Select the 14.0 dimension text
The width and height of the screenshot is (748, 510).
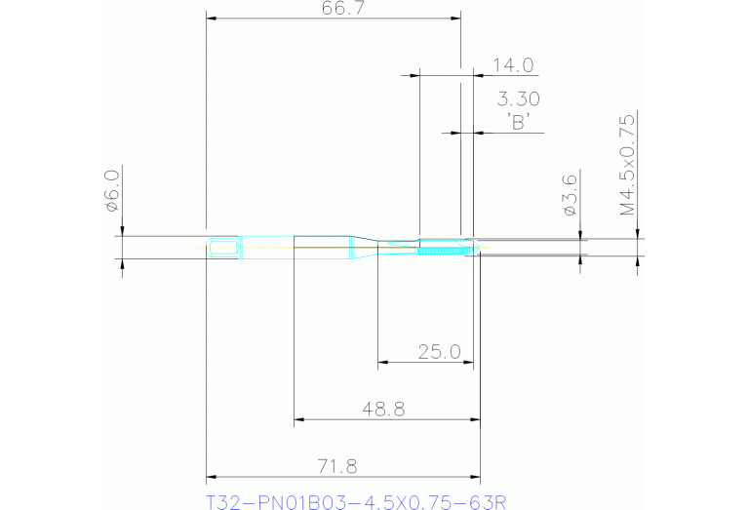pyautogui.click(x=512, y=65)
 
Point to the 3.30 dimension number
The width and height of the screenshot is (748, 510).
pyautogui.click(x=518, y=98)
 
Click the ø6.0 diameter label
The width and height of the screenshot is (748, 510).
pyautogui.click(x=111, y=190)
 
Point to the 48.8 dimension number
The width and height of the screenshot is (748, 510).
pyautogui.click(x=382, y=410)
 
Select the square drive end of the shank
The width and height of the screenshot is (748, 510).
pyautogui.click(x=223, y=248)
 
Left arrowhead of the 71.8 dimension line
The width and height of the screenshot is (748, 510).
pyautogui.click(x=211, y=478)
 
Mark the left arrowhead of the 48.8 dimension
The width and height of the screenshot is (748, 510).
pyautogui.click(x=299, y=420)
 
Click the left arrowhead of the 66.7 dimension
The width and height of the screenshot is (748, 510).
pyautogui.click(x=212, y=18)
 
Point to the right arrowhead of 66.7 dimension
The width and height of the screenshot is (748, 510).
pyautogui.click(x=455, y=18)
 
